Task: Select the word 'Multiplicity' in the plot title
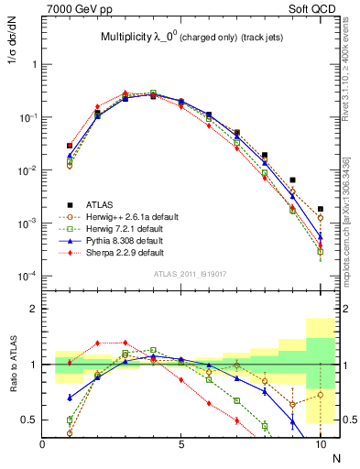(x=130, y=38)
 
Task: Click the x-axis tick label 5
(x=181, y=443)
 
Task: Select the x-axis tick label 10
(x=320, y=443)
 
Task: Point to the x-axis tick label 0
(x=43, y=443)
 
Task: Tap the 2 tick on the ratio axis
(x=33, y=309)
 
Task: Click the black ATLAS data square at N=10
(x=320, y=209)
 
